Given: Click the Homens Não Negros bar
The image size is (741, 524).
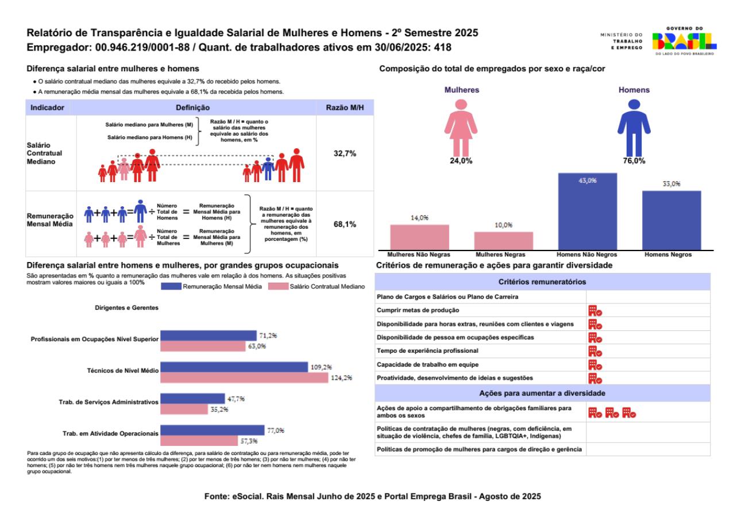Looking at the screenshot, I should (588, 211).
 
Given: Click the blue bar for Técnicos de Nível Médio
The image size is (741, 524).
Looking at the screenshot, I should (234, 367).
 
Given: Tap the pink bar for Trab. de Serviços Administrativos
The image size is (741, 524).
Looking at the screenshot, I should (183, 410).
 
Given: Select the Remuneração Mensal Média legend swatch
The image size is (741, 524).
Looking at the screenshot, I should (171, 286).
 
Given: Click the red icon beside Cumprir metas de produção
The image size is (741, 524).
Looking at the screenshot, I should (595, 311).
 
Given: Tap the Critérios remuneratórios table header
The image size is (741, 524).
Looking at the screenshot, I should (542, 282).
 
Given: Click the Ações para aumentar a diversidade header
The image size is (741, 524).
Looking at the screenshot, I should (542, 392).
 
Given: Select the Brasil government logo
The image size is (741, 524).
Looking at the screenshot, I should (683, 40).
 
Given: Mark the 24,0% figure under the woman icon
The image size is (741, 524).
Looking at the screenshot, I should (461, 161).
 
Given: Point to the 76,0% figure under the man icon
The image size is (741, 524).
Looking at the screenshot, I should (634, 161).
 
